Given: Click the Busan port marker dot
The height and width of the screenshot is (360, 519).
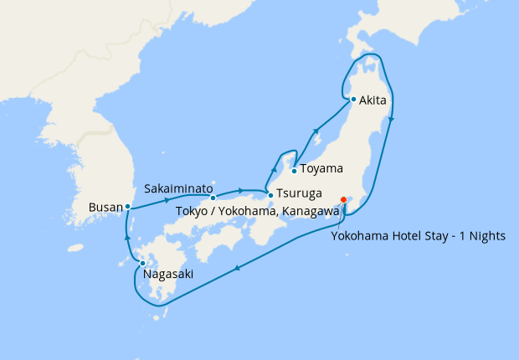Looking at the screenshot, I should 127,206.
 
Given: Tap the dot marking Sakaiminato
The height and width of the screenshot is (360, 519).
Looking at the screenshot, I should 213,198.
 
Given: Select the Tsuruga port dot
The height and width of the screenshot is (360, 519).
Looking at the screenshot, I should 270,195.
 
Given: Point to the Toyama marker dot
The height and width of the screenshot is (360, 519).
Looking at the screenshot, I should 294,171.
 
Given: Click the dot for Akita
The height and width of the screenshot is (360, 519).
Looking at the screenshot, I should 353,100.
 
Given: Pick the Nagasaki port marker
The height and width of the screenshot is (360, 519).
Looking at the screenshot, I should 142,264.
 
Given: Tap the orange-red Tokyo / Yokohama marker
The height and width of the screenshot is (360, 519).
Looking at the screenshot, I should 343,199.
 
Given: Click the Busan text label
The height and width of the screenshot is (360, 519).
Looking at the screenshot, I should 105,206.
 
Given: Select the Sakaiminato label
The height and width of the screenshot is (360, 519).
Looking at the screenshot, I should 178,186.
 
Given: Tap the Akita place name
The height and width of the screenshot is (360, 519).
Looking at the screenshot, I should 373,100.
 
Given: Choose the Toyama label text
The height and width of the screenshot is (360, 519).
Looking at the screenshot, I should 321,168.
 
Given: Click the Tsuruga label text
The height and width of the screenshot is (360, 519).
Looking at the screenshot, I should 301,195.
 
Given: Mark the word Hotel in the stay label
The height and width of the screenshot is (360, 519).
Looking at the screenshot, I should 408,236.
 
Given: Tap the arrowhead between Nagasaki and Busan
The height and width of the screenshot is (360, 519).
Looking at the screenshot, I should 127,237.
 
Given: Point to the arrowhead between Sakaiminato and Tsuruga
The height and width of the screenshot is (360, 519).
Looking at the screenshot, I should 241,190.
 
